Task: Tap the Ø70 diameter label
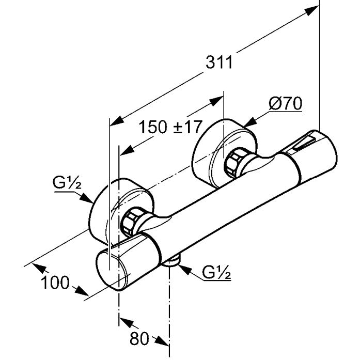pos(285,104)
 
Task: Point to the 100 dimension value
pos(55,283)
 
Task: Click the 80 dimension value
pos(139,338)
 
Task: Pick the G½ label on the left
pos(65,183)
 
